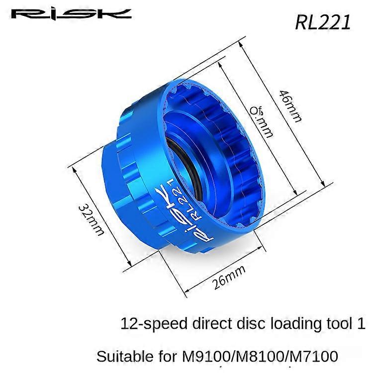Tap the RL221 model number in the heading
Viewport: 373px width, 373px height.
point(323,22)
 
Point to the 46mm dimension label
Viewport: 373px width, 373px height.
point(290,105)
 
